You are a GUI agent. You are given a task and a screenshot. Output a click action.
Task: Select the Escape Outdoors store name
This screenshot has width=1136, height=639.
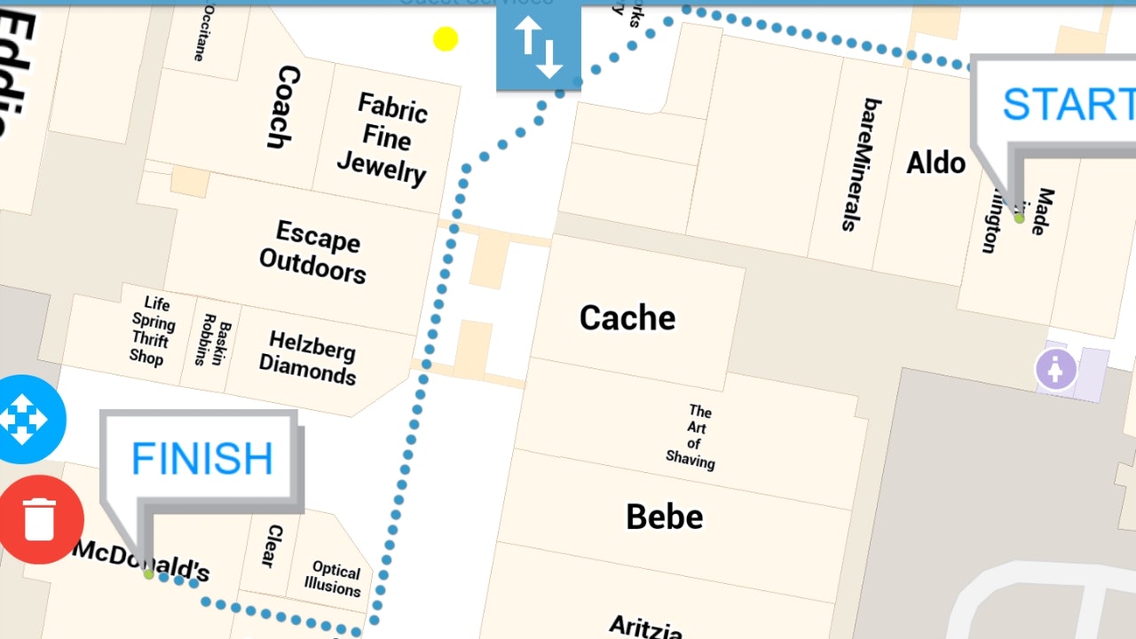coord(314,252)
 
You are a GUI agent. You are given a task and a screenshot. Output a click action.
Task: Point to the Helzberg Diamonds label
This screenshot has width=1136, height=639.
coord(308,358)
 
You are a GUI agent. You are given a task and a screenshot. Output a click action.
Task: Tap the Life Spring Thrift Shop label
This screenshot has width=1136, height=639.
coord(151,331)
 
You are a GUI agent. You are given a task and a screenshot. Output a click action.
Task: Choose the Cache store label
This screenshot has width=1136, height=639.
coord(627,318)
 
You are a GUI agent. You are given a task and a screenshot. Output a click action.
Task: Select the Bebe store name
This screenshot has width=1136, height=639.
coord(664,517)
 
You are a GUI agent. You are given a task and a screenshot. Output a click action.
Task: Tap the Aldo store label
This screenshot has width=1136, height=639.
coord(935,162)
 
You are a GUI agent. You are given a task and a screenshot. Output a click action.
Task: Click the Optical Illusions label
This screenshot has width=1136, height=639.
coord(334,579)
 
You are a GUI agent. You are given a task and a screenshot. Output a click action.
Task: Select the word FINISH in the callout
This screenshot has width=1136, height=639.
coord(201,459)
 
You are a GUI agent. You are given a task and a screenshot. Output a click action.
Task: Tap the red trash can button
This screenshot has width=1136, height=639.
coord(40,519)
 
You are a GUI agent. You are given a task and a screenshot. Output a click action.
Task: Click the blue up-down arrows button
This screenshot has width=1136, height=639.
coord(539,47)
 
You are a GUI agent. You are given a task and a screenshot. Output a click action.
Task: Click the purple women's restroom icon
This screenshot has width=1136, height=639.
coord(1055,369)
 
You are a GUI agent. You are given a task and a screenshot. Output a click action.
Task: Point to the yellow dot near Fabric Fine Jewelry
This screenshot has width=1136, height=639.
coord(446,39)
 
